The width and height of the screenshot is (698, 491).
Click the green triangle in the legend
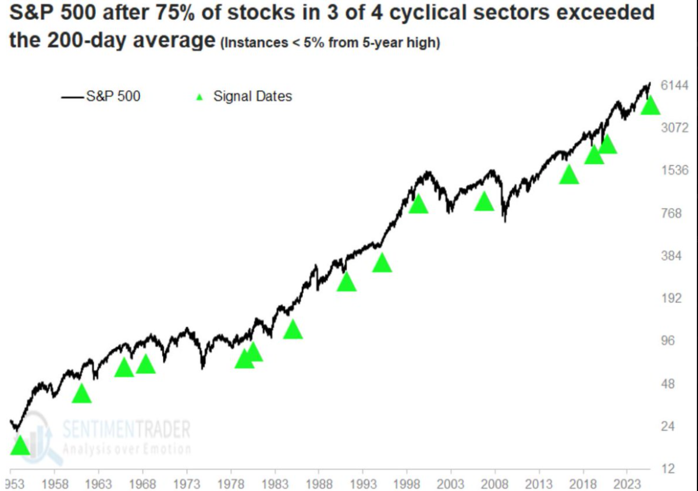click(200, 97)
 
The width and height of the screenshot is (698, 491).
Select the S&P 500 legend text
click(113, 96)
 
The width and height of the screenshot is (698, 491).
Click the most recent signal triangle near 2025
click(650, 106)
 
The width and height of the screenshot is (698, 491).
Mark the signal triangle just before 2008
click(484, 202)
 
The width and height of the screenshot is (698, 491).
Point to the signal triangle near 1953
click(19, 446)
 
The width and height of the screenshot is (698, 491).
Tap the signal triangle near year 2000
click(418, 205)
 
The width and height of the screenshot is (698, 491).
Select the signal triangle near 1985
click(293, 329)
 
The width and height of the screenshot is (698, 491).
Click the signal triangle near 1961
click(81, 394)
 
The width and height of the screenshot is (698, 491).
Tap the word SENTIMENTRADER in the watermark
click(126, 429)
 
